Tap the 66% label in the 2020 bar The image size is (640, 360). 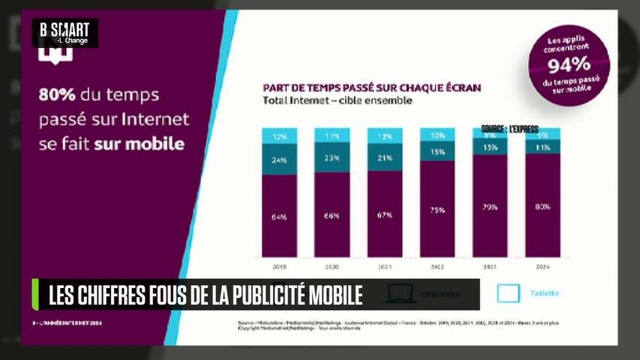tap(332, 216)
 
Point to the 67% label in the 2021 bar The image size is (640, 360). tap(384, 216)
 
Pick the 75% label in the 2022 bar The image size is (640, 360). tap(437, 211)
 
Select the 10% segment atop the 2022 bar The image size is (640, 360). tap(437, 135)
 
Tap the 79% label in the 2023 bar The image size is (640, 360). tap(489, 208)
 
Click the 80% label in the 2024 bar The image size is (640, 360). tap(542, 206)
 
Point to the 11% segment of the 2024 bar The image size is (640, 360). tap(542, 148)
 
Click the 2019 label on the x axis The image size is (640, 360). tap(279, 265)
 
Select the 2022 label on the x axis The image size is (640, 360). tap(437, 265)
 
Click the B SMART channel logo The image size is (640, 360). tap(65, 32)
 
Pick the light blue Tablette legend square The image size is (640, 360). tap(509, 293)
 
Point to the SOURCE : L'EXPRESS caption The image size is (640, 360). tap(510, 129)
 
